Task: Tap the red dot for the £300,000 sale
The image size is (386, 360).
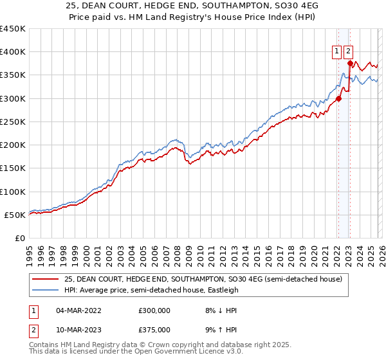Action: coord(338,98)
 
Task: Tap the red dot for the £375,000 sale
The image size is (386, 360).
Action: coord(350,63)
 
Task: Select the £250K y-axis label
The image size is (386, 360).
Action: coord(13,122)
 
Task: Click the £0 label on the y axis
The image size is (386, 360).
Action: coord(19,238)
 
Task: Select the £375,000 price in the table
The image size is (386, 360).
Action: coord(154,330)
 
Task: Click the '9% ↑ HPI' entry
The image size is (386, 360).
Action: coord(216,330)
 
